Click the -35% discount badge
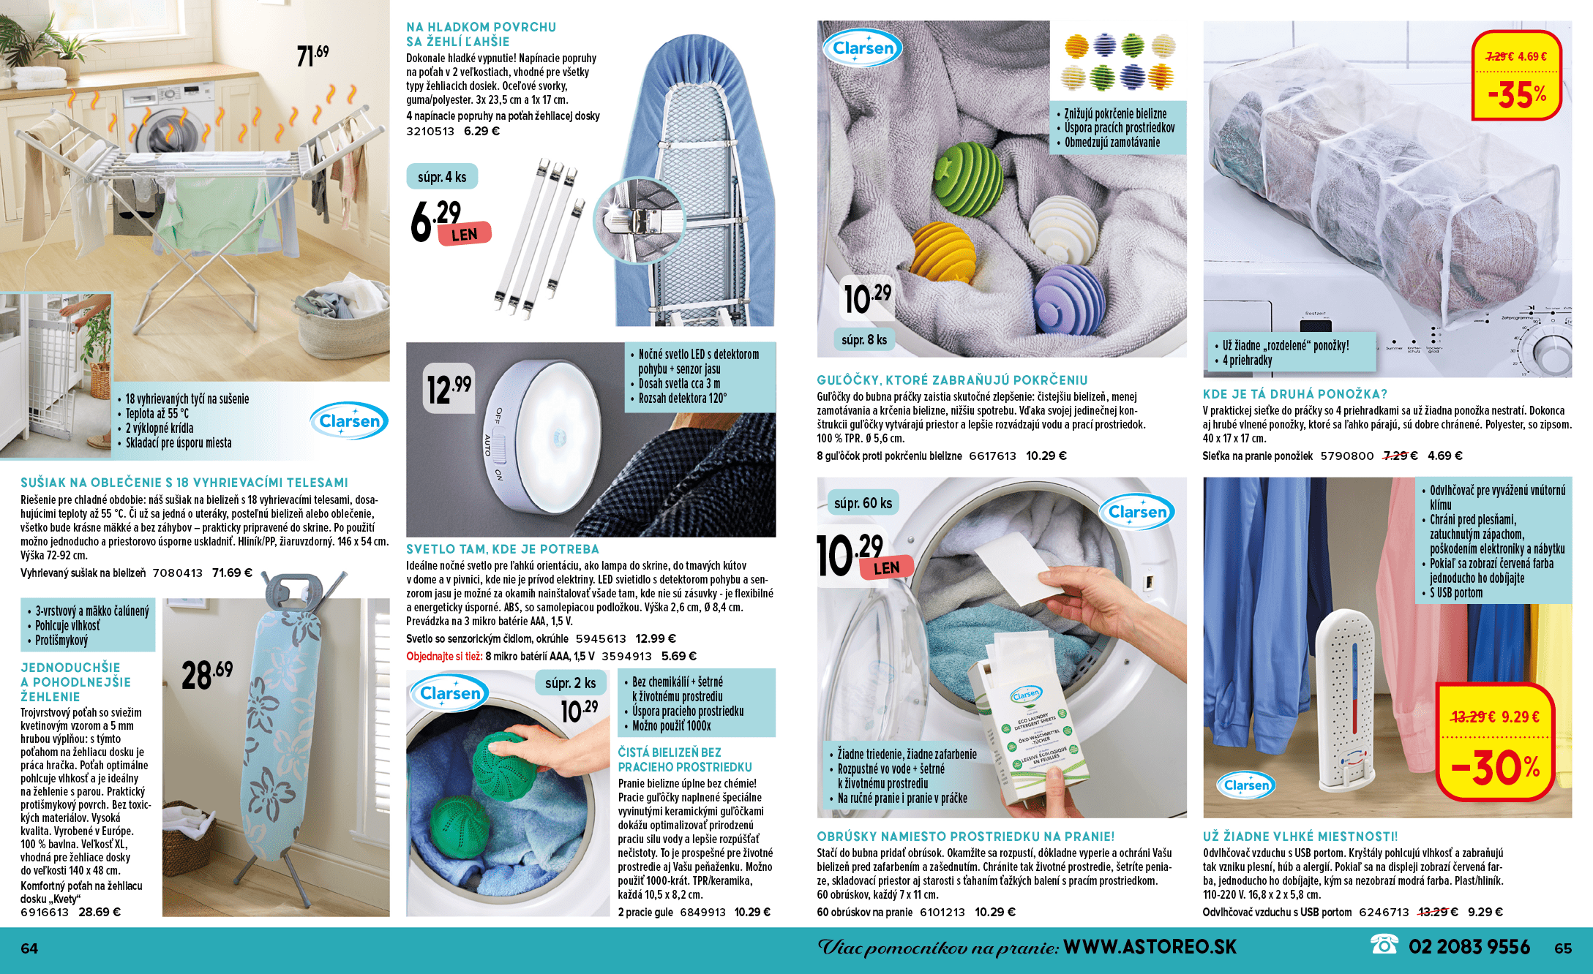pyautogui.click(x=1516, y=76)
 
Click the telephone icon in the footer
pyautogui.click(x=1384, y=945)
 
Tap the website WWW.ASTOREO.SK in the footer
pyautogui.click(x=1150, y=947)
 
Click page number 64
pyautogui.click(x=29, y=948)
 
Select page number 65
pyautogui.click(x=1563, y=948)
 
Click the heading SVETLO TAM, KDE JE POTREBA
pyautogui.click(x=503, y=549)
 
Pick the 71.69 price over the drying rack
pyautogui.click(x=312, y=55)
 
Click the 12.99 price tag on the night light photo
pyautogui.click(x=449, y=388)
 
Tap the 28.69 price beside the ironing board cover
pyautogui.click(x=207, y=674)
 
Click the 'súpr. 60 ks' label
pyautogui.click(x=863, y=503)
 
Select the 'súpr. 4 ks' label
pyautogui.click(x=442, y=177)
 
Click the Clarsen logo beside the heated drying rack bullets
pyautogui.click(x=349, y=420)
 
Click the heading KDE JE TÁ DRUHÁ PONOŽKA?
pyautogui.click(x=1295, y=394)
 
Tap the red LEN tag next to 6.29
pyautogui.click(x=465, y=234)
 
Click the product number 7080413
pyautogui.click(x=178, y=573)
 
